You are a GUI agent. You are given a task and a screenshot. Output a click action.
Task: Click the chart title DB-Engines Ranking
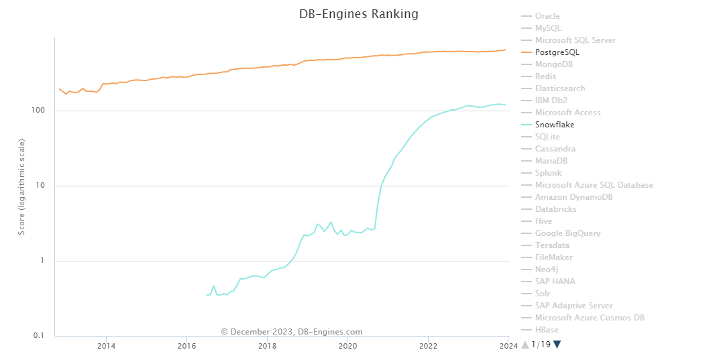point(358,14)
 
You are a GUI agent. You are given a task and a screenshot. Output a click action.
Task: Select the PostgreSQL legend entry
point(557,52)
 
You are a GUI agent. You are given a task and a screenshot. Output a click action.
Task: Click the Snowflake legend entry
point(554,125)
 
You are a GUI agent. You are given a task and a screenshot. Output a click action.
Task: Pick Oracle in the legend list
point(547,16)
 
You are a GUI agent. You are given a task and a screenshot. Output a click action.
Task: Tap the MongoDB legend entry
point(553,64)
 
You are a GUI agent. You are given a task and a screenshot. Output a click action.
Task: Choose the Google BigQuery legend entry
point(567,233)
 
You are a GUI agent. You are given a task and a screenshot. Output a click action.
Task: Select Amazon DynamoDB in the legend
point(573,197)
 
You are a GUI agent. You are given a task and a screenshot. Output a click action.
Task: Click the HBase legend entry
point(547,330)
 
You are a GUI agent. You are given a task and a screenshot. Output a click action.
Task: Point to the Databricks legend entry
point(555,209)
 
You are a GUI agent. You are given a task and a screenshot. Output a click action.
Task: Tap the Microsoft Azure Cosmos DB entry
point(589,318)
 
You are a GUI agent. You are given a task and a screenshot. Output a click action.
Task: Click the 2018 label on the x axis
point(267,346)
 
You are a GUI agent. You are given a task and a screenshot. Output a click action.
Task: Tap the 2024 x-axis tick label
point(508,346)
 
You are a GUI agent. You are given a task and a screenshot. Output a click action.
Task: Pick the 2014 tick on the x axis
point(106,346)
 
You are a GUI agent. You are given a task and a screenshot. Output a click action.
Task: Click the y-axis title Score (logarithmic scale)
point(22,186)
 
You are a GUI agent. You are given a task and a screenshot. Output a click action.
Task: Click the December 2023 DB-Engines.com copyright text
point(292,332)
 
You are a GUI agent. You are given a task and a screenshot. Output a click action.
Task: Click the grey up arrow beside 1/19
point(525,345)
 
